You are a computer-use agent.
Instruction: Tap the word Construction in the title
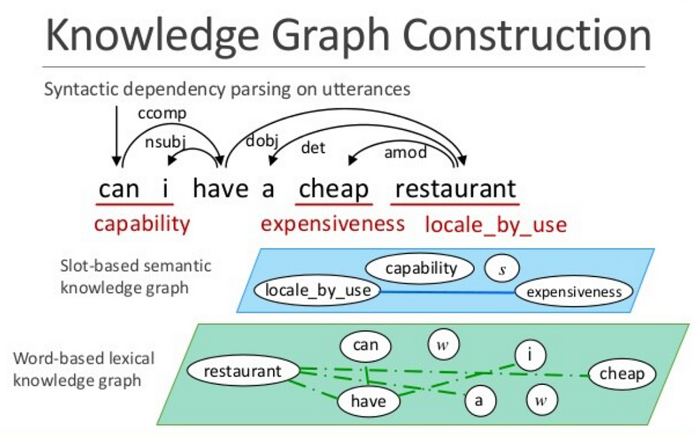coord(527,35)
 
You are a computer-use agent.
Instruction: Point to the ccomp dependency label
coord(162,114)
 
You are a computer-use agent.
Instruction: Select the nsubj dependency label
coord(165,142)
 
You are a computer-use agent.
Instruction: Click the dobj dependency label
coord(262,141)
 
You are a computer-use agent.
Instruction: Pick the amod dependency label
coord(406,153)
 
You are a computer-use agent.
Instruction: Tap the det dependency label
coord(313,147)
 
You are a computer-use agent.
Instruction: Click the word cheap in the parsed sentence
coord(334,189)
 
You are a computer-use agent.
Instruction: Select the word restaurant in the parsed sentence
coord(455,189)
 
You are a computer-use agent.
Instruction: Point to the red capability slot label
coord(142,223)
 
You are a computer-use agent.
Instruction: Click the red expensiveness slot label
coord(332,223)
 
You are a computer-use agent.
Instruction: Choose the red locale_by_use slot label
coord(496,225)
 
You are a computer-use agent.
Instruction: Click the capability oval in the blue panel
coord(419,268)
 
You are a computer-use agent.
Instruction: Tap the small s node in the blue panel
coord(502,268)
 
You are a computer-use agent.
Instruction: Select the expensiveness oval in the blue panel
coord(574,292)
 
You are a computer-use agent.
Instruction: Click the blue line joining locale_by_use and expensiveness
coord(447,292)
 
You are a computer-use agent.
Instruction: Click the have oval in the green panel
coord(368,401)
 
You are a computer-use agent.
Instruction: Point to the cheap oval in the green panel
coord(622,374)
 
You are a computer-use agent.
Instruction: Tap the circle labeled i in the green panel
coord(530,355)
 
